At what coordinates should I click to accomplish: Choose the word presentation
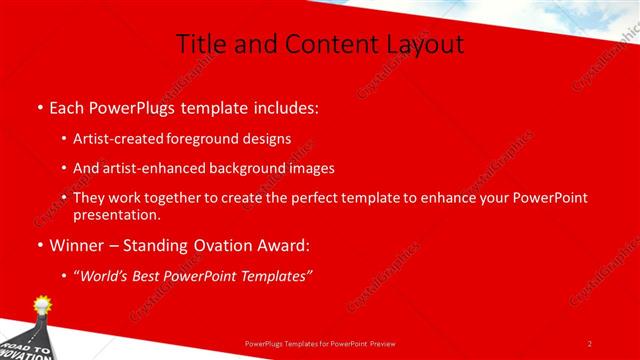pos(117,214)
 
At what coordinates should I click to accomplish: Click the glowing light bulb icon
pos(43,303)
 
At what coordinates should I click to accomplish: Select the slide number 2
pos(590,343)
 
